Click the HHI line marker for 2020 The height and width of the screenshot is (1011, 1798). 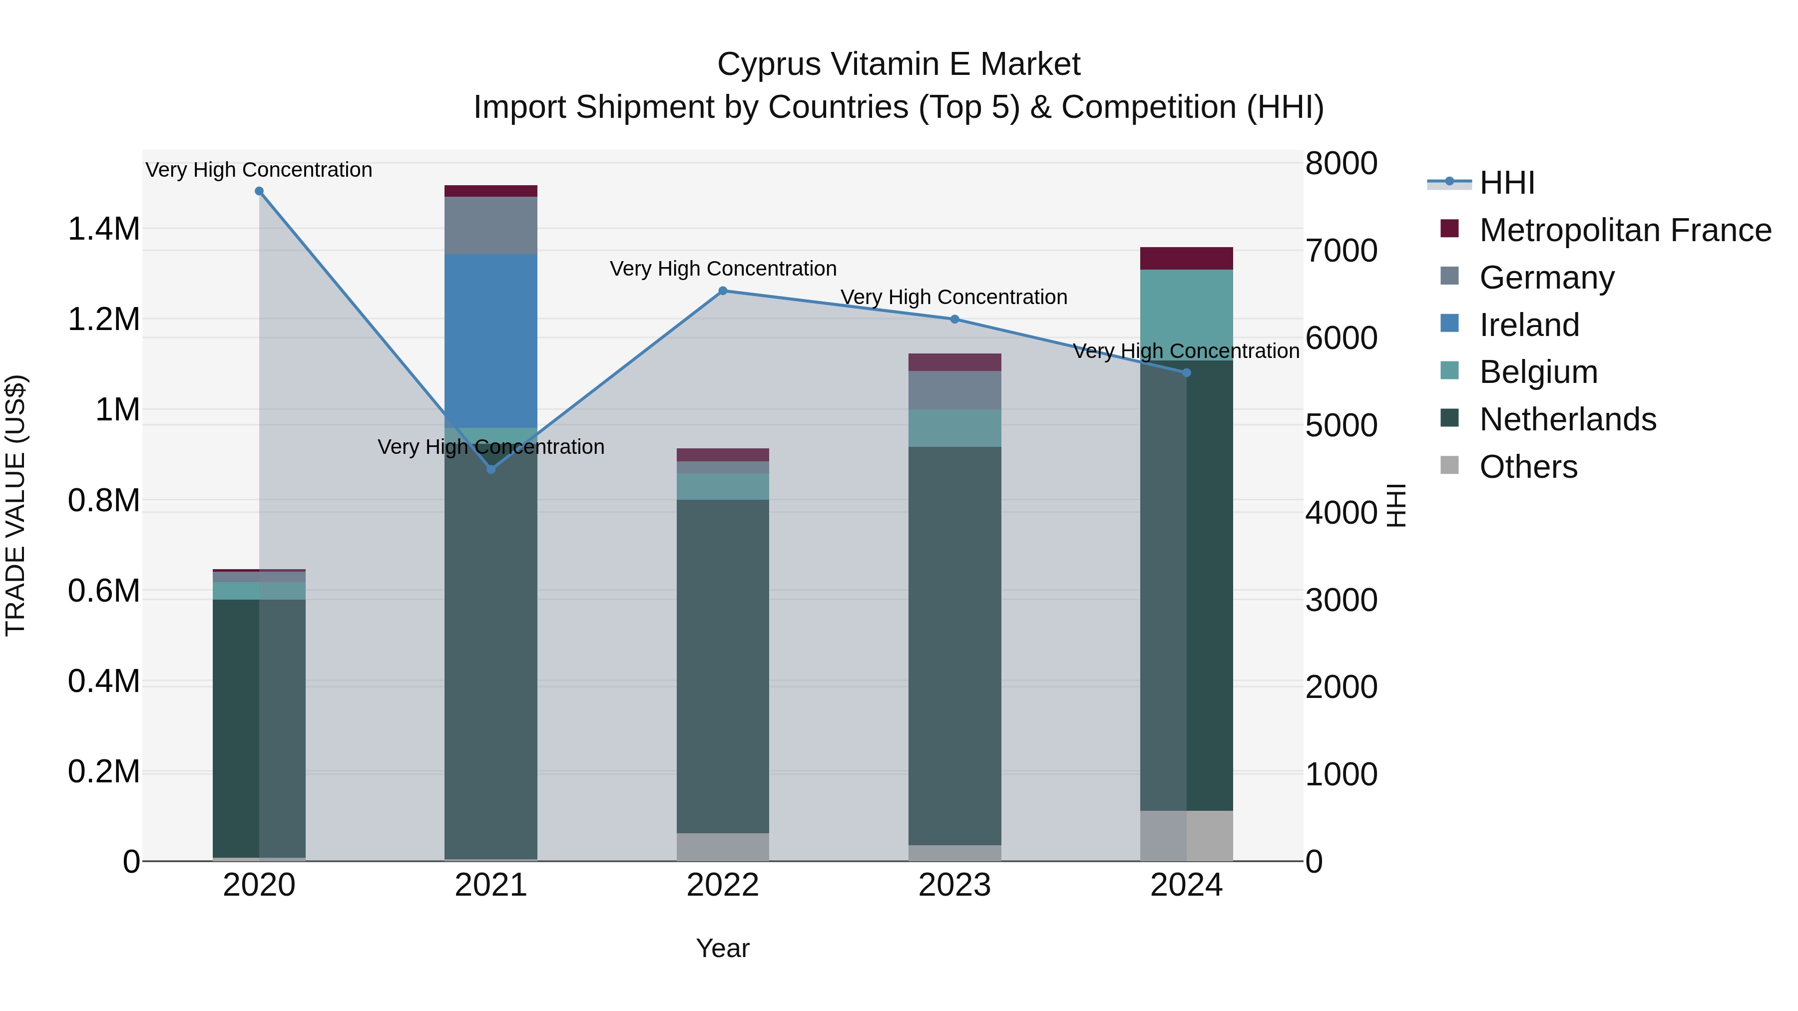click(x=259, y=191)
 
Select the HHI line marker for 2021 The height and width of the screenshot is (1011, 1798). click(x=490, y=470)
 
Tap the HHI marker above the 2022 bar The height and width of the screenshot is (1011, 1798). click(x=722, y=291)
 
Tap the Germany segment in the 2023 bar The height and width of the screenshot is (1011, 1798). click(x=954, y=390)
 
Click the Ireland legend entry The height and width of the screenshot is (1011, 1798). click(x=1529, y=325)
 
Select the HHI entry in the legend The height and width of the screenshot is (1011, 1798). click(x=1506, y=183)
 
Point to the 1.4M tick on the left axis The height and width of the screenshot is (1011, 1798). click(x=103, y=229)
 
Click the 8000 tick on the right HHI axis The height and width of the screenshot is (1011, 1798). click(x=1341, y=163)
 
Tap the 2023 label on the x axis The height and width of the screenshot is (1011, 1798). click(x=954, y=885)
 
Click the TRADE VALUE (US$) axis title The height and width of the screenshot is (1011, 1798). click(x=15, y=505)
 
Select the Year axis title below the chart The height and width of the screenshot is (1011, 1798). click(x=722, y=948)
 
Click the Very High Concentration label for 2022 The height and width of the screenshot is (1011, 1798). click(x=722, y=269)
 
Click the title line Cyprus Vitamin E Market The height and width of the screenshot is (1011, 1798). click(x=899, y=64)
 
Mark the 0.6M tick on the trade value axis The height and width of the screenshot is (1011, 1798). click(x=103, y=591)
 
